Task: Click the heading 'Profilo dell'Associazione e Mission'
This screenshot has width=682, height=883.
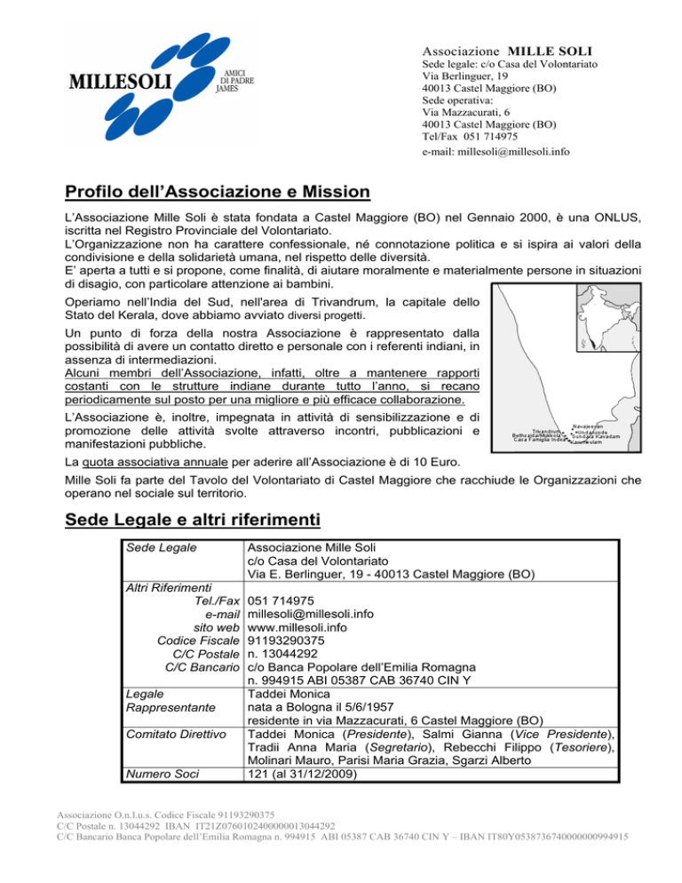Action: [x=218, y=193]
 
